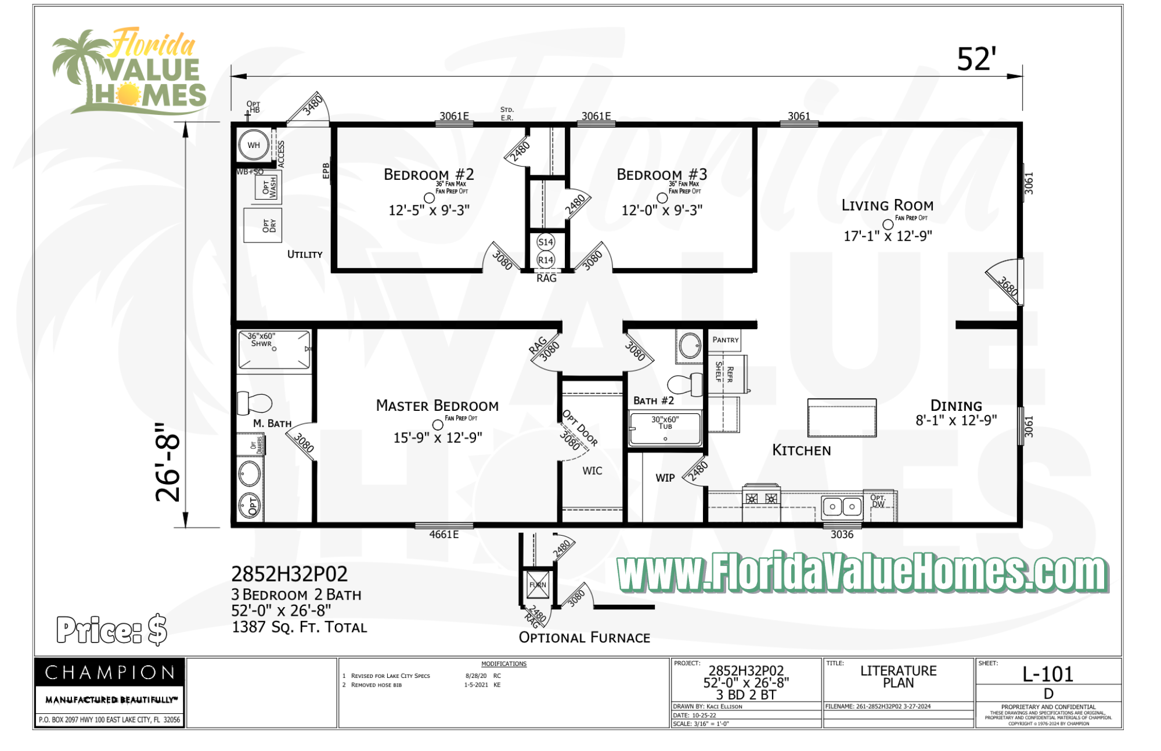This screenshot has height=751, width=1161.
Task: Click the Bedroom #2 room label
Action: point(428,174)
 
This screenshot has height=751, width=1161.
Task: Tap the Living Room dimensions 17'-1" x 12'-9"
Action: point(887,236)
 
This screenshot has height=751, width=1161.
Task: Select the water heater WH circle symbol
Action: point(254,145)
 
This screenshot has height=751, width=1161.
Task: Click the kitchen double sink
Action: point(841,507)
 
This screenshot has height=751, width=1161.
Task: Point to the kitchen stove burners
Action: point(761,499)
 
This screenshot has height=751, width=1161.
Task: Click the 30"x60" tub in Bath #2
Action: point(665,428)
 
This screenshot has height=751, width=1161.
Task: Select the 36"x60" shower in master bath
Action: point(274,350)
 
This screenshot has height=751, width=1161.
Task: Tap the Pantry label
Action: point(726,340)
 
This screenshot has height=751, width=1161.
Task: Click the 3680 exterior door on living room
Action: point(1007,284)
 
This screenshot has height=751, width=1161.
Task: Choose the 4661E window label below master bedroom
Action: point(444,535)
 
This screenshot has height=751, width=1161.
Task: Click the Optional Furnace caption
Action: point(584,637)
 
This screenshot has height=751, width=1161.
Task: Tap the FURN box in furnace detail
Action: point(538,585)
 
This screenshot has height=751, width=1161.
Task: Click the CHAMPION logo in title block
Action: point(110,673)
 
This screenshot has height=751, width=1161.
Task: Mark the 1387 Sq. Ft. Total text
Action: point(299,627)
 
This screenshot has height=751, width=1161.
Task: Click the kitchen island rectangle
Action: point(841,418)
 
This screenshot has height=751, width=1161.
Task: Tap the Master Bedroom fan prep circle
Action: point(438,425)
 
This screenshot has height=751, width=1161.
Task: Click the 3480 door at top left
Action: point(311,106)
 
